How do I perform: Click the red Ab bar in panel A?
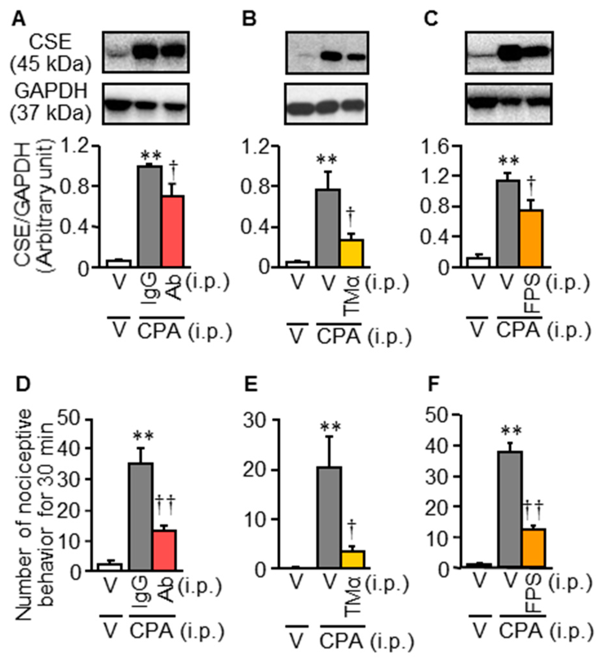tap(173, 231)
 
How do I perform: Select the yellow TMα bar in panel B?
tap(352, 253)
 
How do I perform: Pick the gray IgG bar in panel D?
tap(140, 517)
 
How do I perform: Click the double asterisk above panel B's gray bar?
tap(326, 160)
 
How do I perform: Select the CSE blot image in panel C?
tap(509, 53)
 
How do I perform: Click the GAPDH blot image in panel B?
tap(326, 104)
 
